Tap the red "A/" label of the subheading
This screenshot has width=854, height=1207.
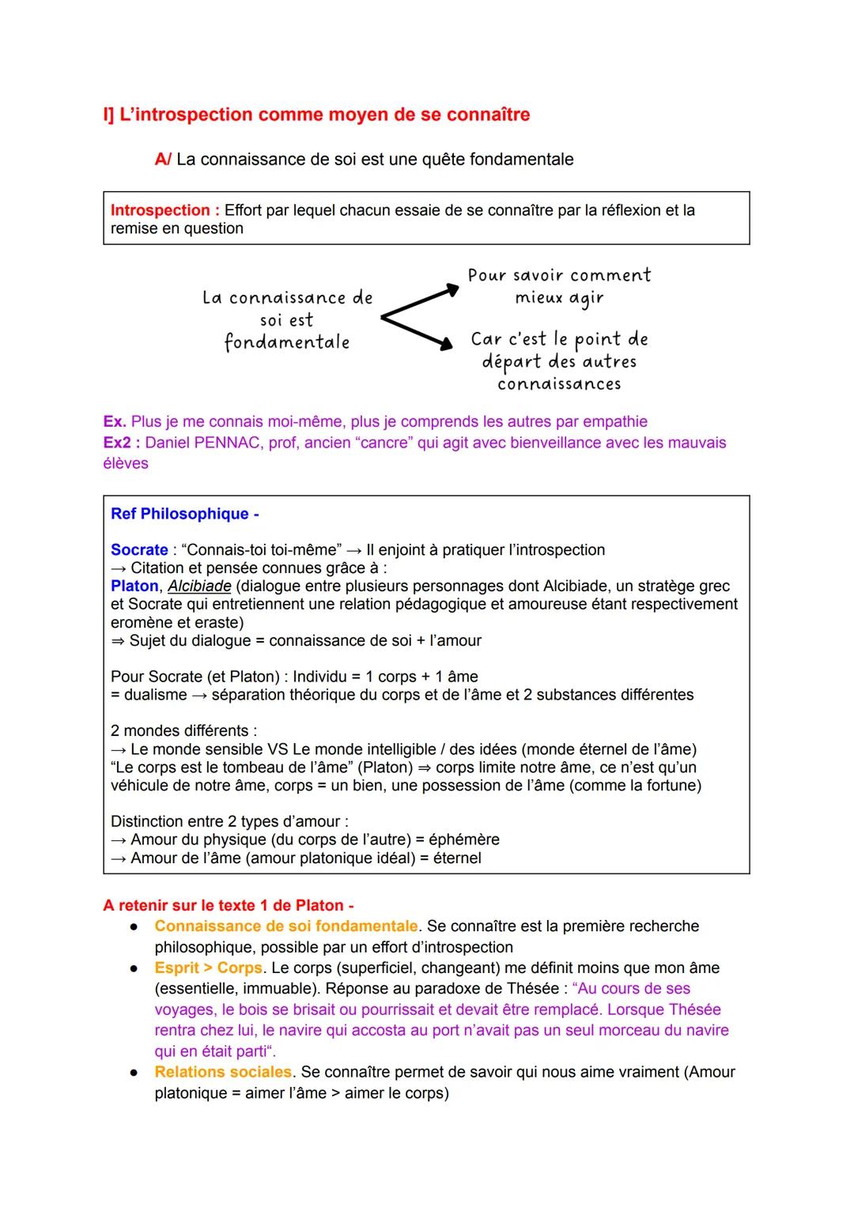(x=163, y=160)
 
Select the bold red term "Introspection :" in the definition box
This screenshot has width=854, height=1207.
(x=164, y=210)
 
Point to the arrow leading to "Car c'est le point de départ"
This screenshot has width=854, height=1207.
(x=418, y=331)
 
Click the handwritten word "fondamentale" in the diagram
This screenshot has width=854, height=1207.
(x=287, y=343)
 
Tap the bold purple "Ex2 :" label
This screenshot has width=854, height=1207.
(x=121, y=443)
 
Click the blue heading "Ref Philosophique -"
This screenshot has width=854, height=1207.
(x=184, y=514)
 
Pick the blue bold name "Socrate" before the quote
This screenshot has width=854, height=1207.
(x=139, y=550)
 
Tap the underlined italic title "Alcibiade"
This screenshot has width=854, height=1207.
(x=199, y=587)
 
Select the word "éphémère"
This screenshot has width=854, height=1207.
(x=463, y=839)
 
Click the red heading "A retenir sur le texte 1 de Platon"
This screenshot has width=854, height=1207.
(x=228, y=906)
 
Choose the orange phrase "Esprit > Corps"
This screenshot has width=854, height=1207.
(x=208, y=968)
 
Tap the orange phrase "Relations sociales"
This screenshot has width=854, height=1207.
(x=223, y=1073)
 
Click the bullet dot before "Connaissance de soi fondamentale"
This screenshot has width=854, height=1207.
(x=136, y=926)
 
